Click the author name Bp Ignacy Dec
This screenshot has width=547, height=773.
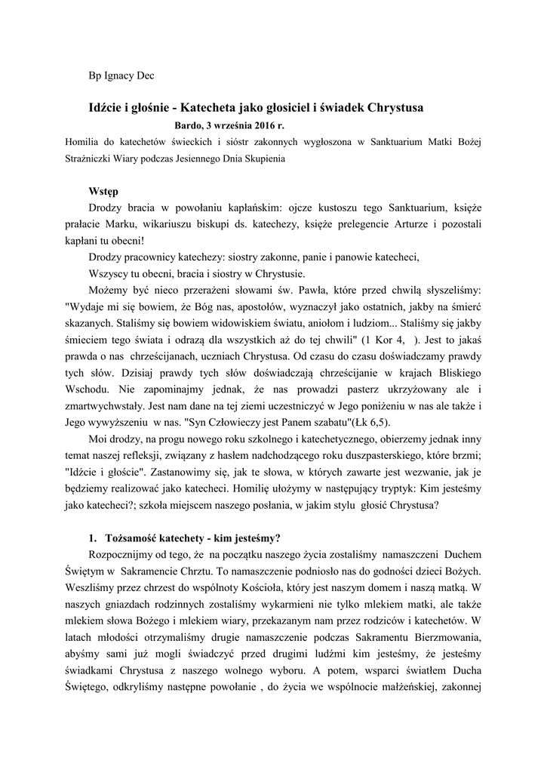click(121, 75)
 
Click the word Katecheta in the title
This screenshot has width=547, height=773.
click(219, 108)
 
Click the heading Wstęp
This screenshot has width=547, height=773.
click(103, 192)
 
